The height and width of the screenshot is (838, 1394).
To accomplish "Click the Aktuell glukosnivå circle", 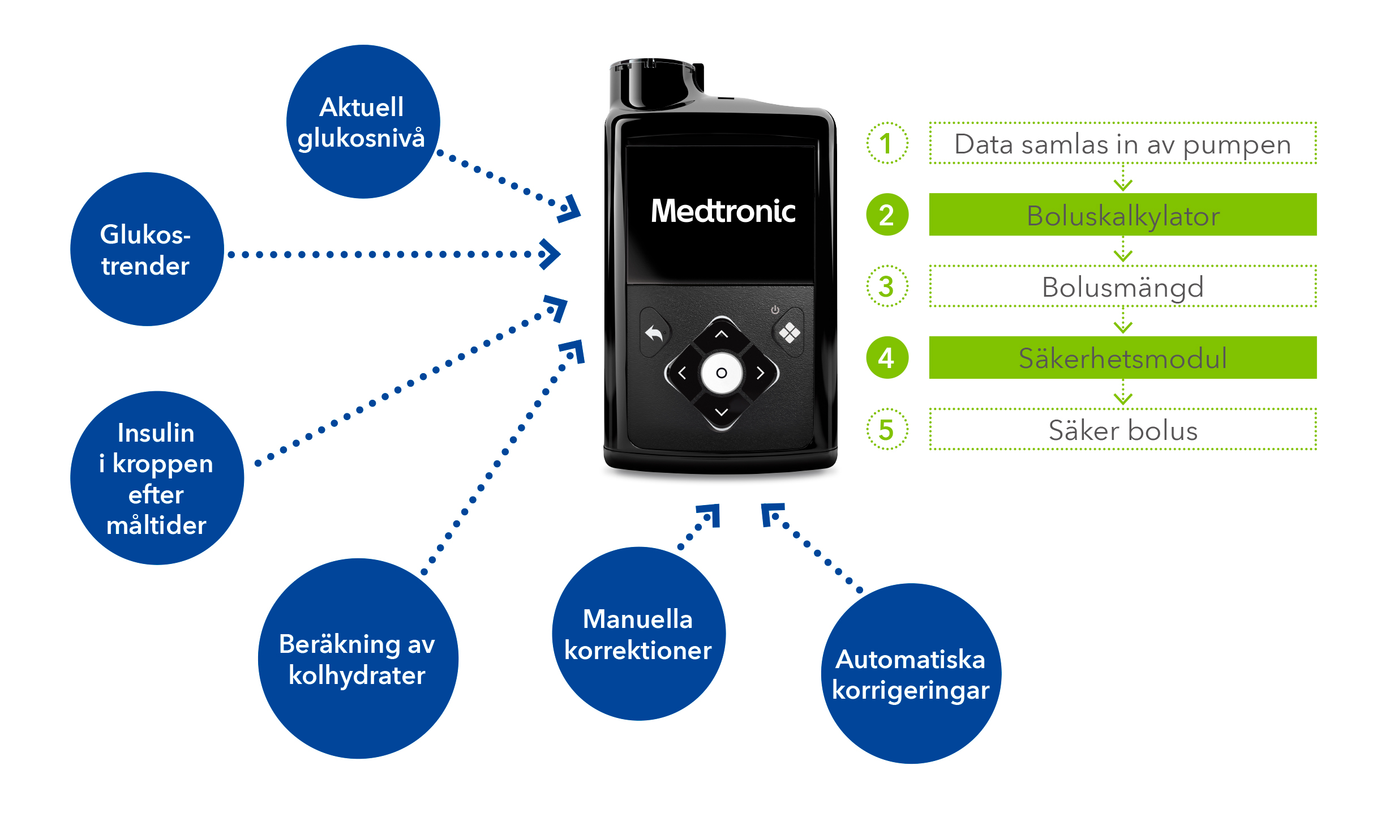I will (x=363, y=122).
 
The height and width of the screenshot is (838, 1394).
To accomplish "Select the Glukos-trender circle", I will (x=147, y=249).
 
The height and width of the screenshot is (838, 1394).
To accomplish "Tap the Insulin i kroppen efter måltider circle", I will (x=157, y=477).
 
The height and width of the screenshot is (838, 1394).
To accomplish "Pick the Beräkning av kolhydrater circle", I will (x=358, y=658).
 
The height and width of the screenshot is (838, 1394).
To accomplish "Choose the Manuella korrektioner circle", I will (x=638, y=634).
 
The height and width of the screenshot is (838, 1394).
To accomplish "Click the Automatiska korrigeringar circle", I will (x=911, y=673).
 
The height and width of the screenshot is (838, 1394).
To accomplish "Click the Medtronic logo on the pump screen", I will (x=723, y=211).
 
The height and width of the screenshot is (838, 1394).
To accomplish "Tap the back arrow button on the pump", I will (x=654, y=333).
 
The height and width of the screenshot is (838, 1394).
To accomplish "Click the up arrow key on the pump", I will (x=721, y=334).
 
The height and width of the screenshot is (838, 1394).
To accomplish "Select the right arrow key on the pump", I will (x=761, y=373).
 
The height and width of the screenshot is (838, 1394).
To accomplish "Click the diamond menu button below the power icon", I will (x=789, y=333).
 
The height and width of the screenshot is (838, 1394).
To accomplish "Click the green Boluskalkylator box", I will (x=1122, y=215).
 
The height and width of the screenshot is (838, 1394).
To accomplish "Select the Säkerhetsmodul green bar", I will (x=1122, y=358).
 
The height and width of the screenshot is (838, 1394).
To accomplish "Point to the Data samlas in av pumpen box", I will (x=1122, y=144).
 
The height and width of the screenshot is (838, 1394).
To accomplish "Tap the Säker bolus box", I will (x=1122, y=430).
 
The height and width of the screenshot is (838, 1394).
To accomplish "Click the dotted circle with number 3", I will (x=887, y=287).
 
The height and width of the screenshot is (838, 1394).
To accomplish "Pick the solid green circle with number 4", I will (x=887, y=358).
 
